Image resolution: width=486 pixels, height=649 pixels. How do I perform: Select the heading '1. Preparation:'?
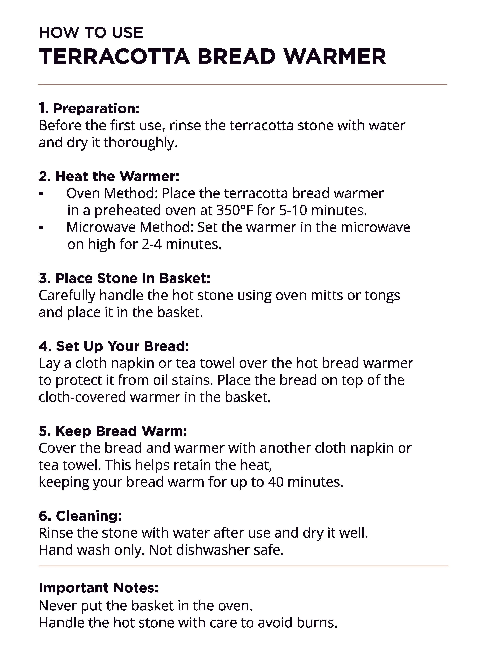pos(89,109)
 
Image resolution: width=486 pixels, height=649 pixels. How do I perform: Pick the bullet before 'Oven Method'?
pos(41,194)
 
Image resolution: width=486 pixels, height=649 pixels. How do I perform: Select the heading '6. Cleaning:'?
pos(80,516)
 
